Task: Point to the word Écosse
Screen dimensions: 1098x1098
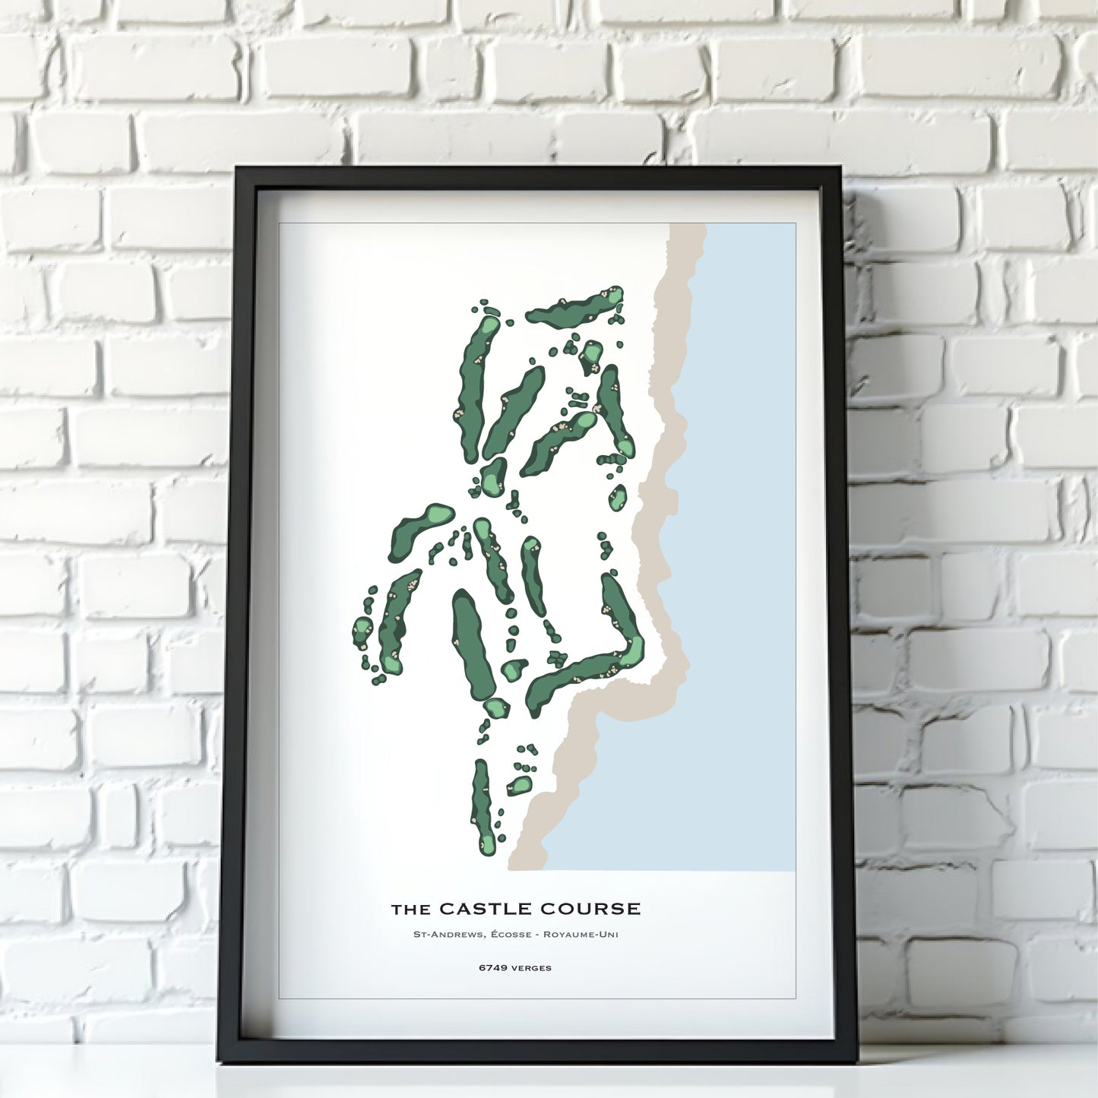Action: pos(511,934)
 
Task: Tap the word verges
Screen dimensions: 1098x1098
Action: pos(531,968)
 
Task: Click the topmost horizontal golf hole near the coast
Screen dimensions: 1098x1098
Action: pos(574,307)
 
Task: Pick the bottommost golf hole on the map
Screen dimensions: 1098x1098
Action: pos(482,807)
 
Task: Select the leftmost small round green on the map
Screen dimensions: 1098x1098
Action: pos(362,630)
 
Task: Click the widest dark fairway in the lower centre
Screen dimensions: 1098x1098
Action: pos(473,644)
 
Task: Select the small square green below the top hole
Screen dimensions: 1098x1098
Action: pos(591,353)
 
